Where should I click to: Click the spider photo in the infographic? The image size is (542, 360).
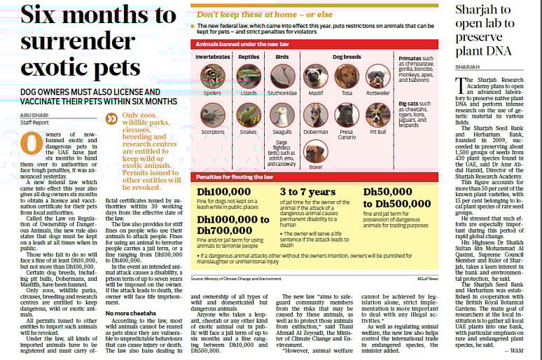point(212,76)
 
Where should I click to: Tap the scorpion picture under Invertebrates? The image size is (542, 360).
point(212,114)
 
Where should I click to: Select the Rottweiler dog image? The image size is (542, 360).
point(378,76)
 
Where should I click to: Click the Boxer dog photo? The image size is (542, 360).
point(316,152)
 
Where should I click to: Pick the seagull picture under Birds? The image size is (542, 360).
point(282,114)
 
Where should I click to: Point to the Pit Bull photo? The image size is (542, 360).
point(378,114)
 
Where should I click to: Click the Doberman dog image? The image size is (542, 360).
point(316,114)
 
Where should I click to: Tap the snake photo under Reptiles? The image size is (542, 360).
point(249,114)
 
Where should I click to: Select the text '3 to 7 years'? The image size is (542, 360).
point(307,191)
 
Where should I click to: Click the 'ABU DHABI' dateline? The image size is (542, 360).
point(34,114)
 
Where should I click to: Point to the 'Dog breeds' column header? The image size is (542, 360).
point(346,56)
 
